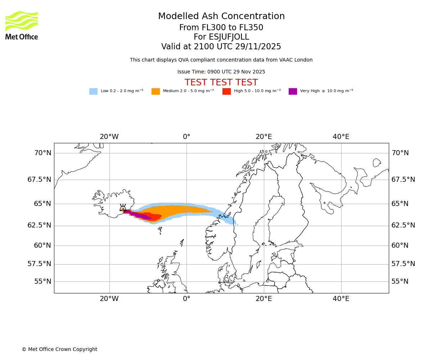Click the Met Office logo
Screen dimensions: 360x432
pos(22,25)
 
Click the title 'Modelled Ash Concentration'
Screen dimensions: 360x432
pos(221,17)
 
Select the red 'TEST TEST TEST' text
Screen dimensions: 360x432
pos(221,82)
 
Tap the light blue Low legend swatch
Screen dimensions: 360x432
pos(93,91)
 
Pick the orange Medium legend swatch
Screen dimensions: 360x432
pos(156,91)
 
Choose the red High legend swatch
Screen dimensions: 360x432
pos(226,91)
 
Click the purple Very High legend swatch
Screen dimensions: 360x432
pos(293,91)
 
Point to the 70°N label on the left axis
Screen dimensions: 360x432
pos(42,153)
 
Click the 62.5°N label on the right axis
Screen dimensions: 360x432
pos(403,225)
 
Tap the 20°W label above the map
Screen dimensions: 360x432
pos(109,137)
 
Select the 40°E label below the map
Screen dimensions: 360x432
pos(341,299)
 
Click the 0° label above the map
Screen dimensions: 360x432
pos(186,137)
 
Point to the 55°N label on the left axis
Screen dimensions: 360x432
pos(42,282)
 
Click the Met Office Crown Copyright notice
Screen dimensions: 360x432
pos(59,349)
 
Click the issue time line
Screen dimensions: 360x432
pos(221,72)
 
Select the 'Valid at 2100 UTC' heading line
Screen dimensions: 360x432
pos(221,47)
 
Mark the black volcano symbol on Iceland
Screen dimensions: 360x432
pos(123,208)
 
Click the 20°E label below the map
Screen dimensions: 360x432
pos(264,299)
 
